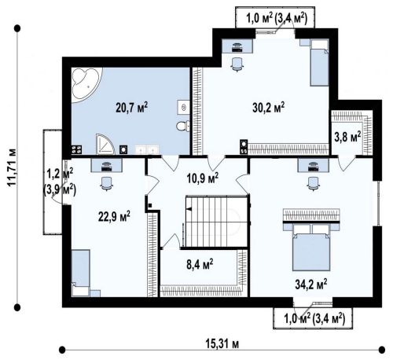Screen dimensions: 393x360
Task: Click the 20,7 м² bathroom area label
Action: point(131,108)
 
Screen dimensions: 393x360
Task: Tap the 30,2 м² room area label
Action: point(269,108)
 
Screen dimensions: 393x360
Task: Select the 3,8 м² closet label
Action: point(347,137)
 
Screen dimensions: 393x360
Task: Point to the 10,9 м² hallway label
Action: point(203,178)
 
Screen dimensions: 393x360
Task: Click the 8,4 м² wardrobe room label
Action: point(200,265)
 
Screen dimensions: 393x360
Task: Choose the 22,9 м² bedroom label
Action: point(114,216)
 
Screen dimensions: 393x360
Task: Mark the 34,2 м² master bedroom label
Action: point(311,285)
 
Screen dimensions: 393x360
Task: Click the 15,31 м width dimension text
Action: point(222,344)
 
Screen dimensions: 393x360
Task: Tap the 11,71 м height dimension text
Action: point(12,167)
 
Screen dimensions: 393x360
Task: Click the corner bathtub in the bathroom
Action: point(85,82)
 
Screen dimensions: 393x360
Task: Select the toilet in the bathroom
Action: point(183,127)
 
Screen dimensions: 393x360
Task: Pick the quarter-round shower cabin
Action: point(105,144)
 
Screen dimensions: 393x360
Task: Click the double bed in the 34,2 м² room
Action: point(311,248)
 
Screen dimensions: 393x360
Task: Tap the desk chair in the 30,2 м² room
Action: point(237,64)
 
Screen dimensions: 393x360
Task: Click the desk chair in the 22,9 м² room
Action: point(106,183)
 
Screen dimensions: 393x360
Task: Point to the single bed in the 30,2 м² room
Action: point(319,63)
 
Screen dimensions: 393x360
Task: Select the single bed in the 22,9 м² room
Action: point(81,273)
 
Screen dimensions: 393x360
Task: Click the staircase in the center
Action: point(216,222)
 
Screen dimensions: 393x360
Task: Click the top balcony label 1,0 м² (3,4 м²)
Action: point(276,19)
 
